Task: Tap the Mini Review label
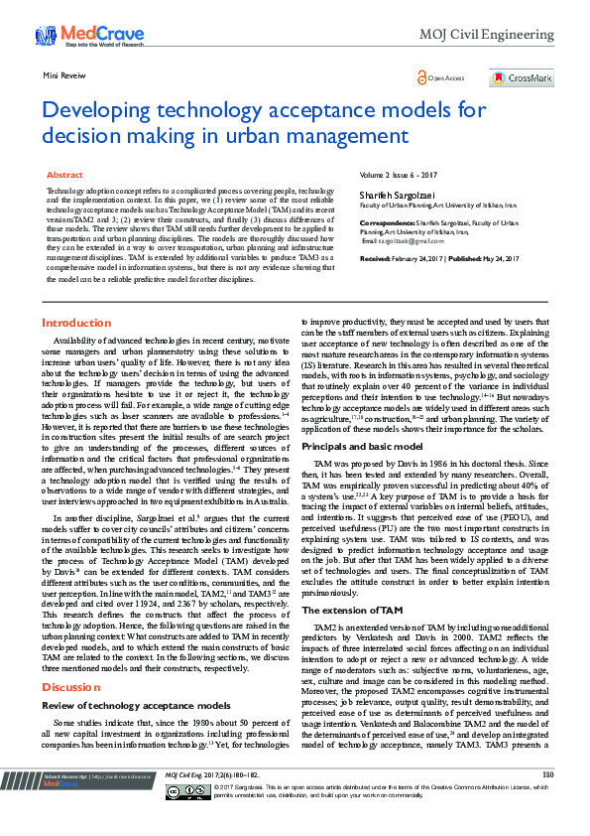pyautogui.click(x=64, y=75)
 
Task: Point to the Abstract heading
pyautogui.click(x=65, y=175)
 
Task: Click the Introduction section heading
pyautogui.click(x=76, y=324)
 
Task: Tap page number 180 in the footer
pyautogui.click(x=546, y=801)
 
